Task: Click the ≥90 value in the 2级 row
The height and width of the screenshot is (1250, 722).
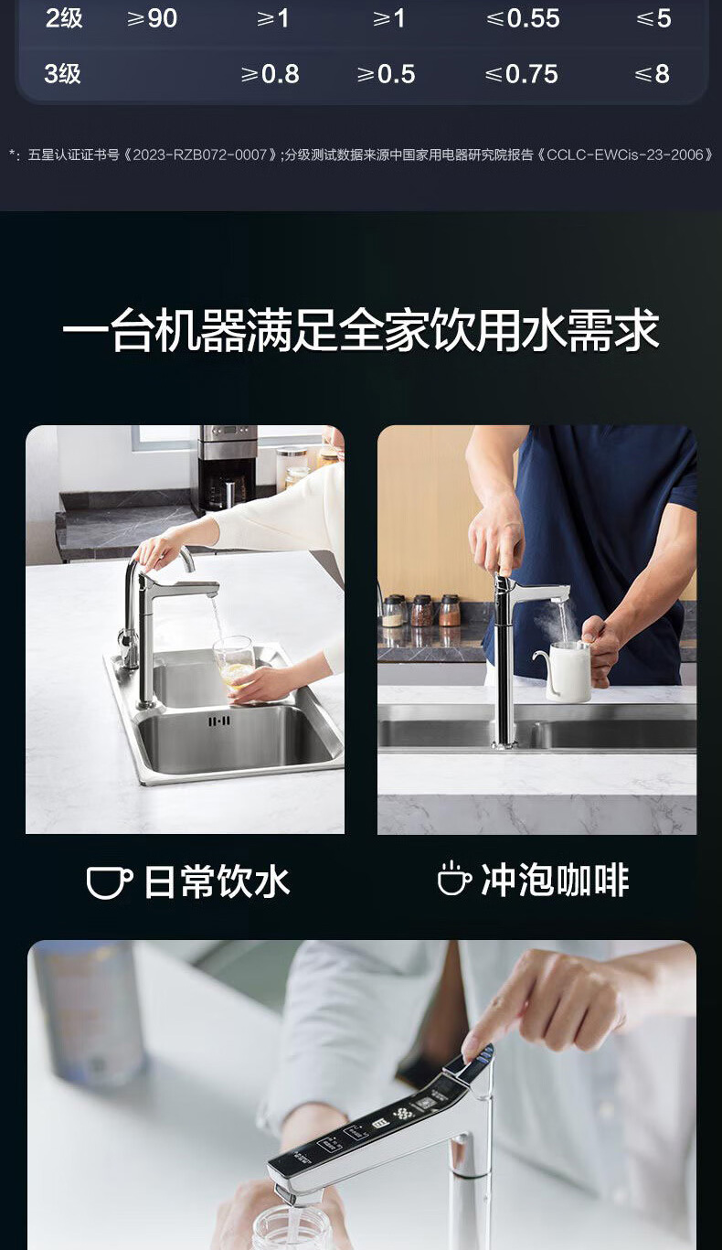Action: [x=153, y=18]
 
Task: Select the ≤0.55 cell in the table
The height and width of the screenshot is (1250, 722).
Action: [x=523, y=18]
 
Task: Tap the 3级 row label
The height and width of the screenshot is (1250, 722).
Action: [x=62, y=74]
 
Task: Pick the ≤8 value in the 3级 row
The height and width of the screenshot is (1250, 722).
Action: [x=653, y=74]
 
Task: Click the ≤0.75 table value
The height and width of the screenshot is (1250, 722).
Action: [x=521, y=74]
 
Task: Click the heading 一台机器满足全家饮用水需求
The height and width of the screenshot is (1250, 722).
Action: [x=361, y=330]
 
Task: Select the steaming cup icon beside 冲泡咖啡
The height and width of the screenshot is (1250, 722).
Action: [x=454, y=879]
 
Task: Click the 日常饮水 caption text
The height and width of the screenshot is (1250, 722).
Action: [x=217, y=882]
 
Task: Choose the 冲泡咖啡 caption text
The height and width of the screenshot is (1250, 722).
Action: [x=555, y=880]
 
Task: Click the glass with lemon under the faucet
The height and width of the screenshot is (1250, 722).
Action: [x=235, y=665]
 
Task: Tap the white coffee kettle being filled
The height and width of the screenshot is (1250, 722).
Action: [x=563, y=670]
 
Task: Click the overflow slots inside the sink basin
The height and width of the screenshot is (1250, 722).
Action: [x=219, y=721]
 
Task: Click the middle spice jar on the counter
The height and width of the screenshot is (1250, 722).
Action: [x=422, y=611]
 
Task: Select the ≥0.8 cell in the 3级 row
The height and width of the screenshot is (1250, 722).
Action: [x=270, y=74]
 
